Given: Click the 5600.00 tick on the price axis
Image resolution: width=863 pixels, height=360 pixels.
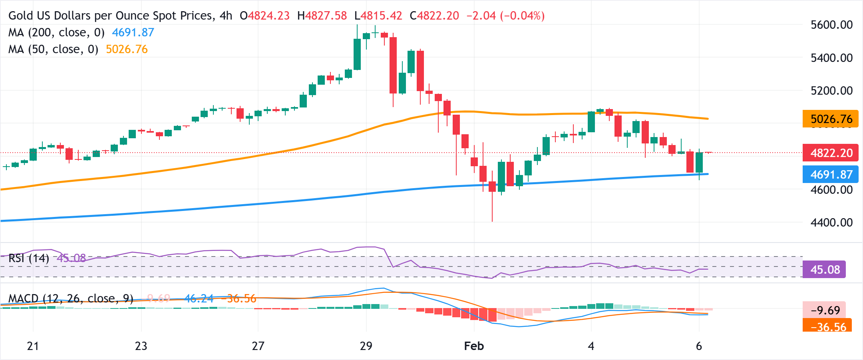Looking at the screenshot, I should [831, 25].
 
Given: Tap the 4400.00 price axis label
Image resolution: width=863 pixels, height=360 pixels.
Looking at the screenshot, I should [831, 223].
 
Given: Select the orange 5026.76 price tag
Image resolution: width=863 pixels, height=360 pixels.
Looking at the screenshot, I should [830, 119].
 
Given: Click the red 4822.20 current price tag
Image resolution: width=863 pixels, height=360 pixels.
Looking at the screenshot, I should [830, 153].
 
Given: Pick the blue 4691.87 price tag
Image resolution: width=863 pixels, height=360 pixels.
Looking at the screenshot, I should [830, 175].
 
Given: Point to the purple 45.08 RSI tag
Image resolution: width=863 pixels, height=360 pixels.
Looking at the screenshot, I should [824, 270].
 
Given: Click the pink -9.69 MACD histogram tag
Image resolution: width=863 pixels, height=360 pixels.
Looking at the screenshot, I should [824, 310].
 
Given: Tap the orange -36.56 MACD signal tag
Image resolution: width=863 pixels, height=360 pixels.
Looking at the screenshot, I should [827, 326].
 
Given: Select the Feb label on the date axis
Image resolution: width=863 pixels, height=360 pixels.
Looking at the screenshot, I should [474, 346].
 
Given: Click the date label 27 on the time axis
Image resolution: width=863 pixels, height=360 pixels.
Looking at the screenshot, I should [258, 346].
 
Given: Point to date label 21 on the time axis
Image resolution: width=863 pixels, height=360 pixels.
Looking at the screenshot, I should [33, 346].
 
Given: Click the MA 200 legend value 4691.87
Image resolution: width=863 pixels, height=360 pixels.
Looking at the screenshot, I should [133, 32].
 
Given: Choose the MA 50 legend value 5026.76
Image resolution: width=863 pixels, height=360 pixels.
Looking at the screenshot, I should [127, 49].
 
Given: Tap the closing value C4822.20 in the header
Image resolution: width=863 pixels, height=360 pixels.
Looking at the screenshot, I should [434, 16].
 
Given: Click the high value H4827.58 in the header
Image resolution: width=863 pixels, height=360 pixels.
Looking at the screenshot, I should [322, 16].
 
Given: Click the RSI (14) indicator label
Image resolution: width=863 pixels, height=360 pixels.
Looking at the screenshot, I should [28, 258].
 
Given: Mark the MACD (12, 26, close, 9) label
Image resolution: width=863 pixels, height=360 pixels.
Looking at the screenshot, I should [71, 298].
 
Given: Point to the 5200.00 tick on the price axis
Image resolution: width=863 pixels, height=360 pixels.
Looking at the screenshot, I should [831, 91].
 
